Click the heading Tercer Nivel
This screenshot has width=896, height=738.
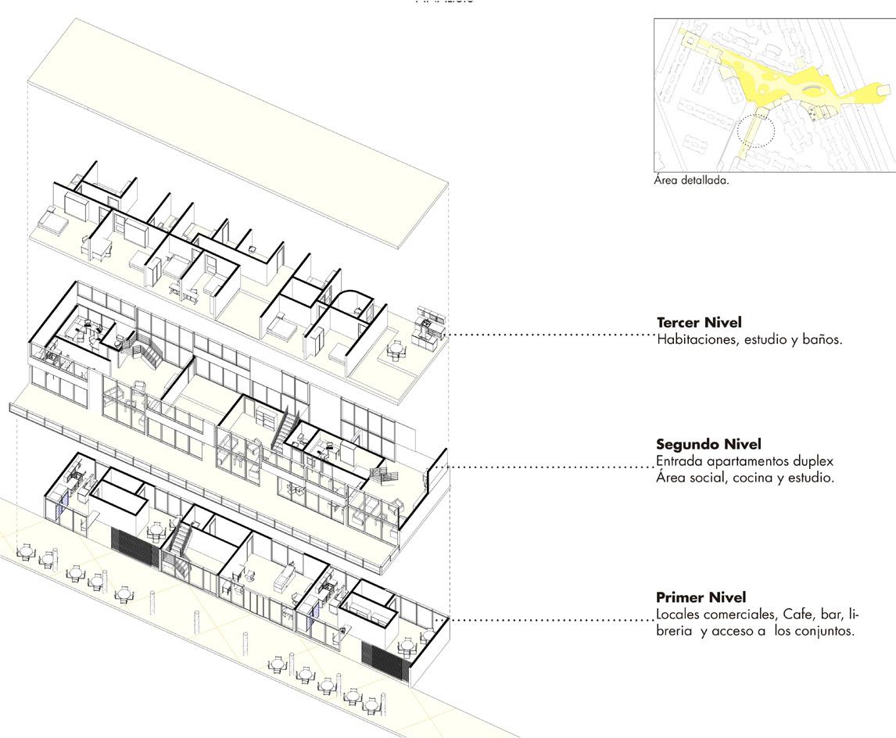(699, 323)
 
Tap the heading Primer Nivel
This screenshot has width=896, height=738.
(701, 597)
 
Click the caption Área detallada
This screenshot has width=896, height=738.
(690, 181)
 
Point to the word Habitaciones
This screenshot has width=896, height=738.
(694, 340)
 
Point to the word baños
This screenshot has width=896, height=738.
(821, 340)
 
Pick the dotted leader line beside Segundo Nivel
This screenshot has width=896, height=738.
(547, 468)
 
